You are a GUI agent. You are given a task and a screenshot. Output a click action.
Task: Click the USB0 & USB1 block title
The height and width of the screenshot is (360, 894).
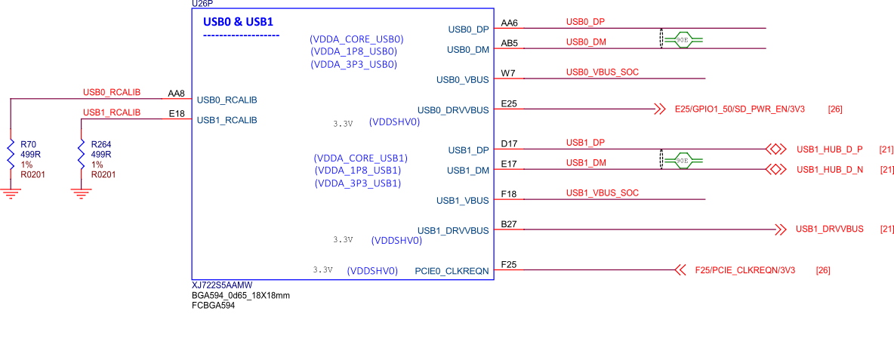coord(238,23)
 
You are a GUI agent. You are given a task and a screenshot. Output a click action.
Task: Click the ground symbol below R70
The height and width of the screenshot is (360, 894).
coord(11,193)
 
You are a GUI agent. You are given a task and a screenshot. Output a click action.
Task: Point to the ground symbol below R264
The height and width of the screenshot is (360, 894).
coord(82,193)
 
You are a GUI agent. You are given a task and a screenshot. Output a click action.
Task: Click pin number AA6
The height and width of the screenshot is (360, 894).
coord(510,23)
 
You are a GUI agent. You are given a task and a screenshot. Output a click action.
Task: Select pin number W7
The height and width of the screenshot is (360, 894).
coord(508,73)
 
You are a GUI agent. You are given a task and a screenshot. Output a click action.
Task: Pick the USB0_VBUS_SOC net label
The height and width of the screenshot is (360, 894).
coord(603,72)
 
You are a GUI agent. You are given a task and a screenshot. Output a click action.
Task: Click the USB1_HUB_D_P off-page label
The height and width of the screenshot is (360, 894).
coord(829,149)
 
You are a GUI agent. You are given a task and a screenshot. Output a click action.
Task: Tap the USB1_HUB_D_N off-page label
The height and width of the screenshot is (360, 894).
coord(829,170)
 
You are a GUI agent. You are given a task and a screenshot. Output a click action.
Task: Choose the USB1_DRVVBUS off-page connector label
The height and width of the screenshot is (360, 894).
coord(829,229)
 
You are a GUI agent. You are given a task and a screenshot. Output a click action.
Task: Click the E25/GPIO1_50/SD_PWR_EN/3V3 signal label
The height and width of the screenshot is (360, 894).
coord(739,109)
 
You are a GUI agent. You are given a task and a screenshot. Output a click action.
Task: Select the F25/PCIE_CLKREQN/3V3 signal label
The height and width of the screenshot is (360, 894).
coord(744,270)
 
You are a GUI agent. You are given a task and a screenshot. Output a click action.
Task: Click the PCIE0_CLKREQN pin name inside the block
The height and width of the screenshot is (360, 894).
coord(452,271)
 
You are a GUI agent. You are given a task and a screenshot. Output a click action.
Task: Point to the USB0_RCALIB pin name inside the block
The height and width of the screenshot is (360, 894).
coord(227,100)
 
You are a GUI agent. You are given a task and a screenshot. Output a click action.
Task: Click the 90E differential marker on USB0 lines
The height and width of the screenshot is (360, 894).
coord(682,38)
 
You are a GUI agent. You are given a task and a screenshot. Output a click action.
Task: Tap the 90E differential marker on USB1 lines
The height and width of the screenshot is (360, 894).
coord(682,160)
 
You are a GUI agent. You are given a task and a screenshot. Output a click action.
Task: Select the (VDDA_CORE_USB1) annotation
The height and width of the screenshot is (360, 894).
coord(360,158)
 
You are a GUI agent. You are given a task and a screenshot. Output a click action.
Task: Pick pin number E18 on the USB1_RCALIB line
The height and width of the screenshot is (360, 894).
coord(177,113)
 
